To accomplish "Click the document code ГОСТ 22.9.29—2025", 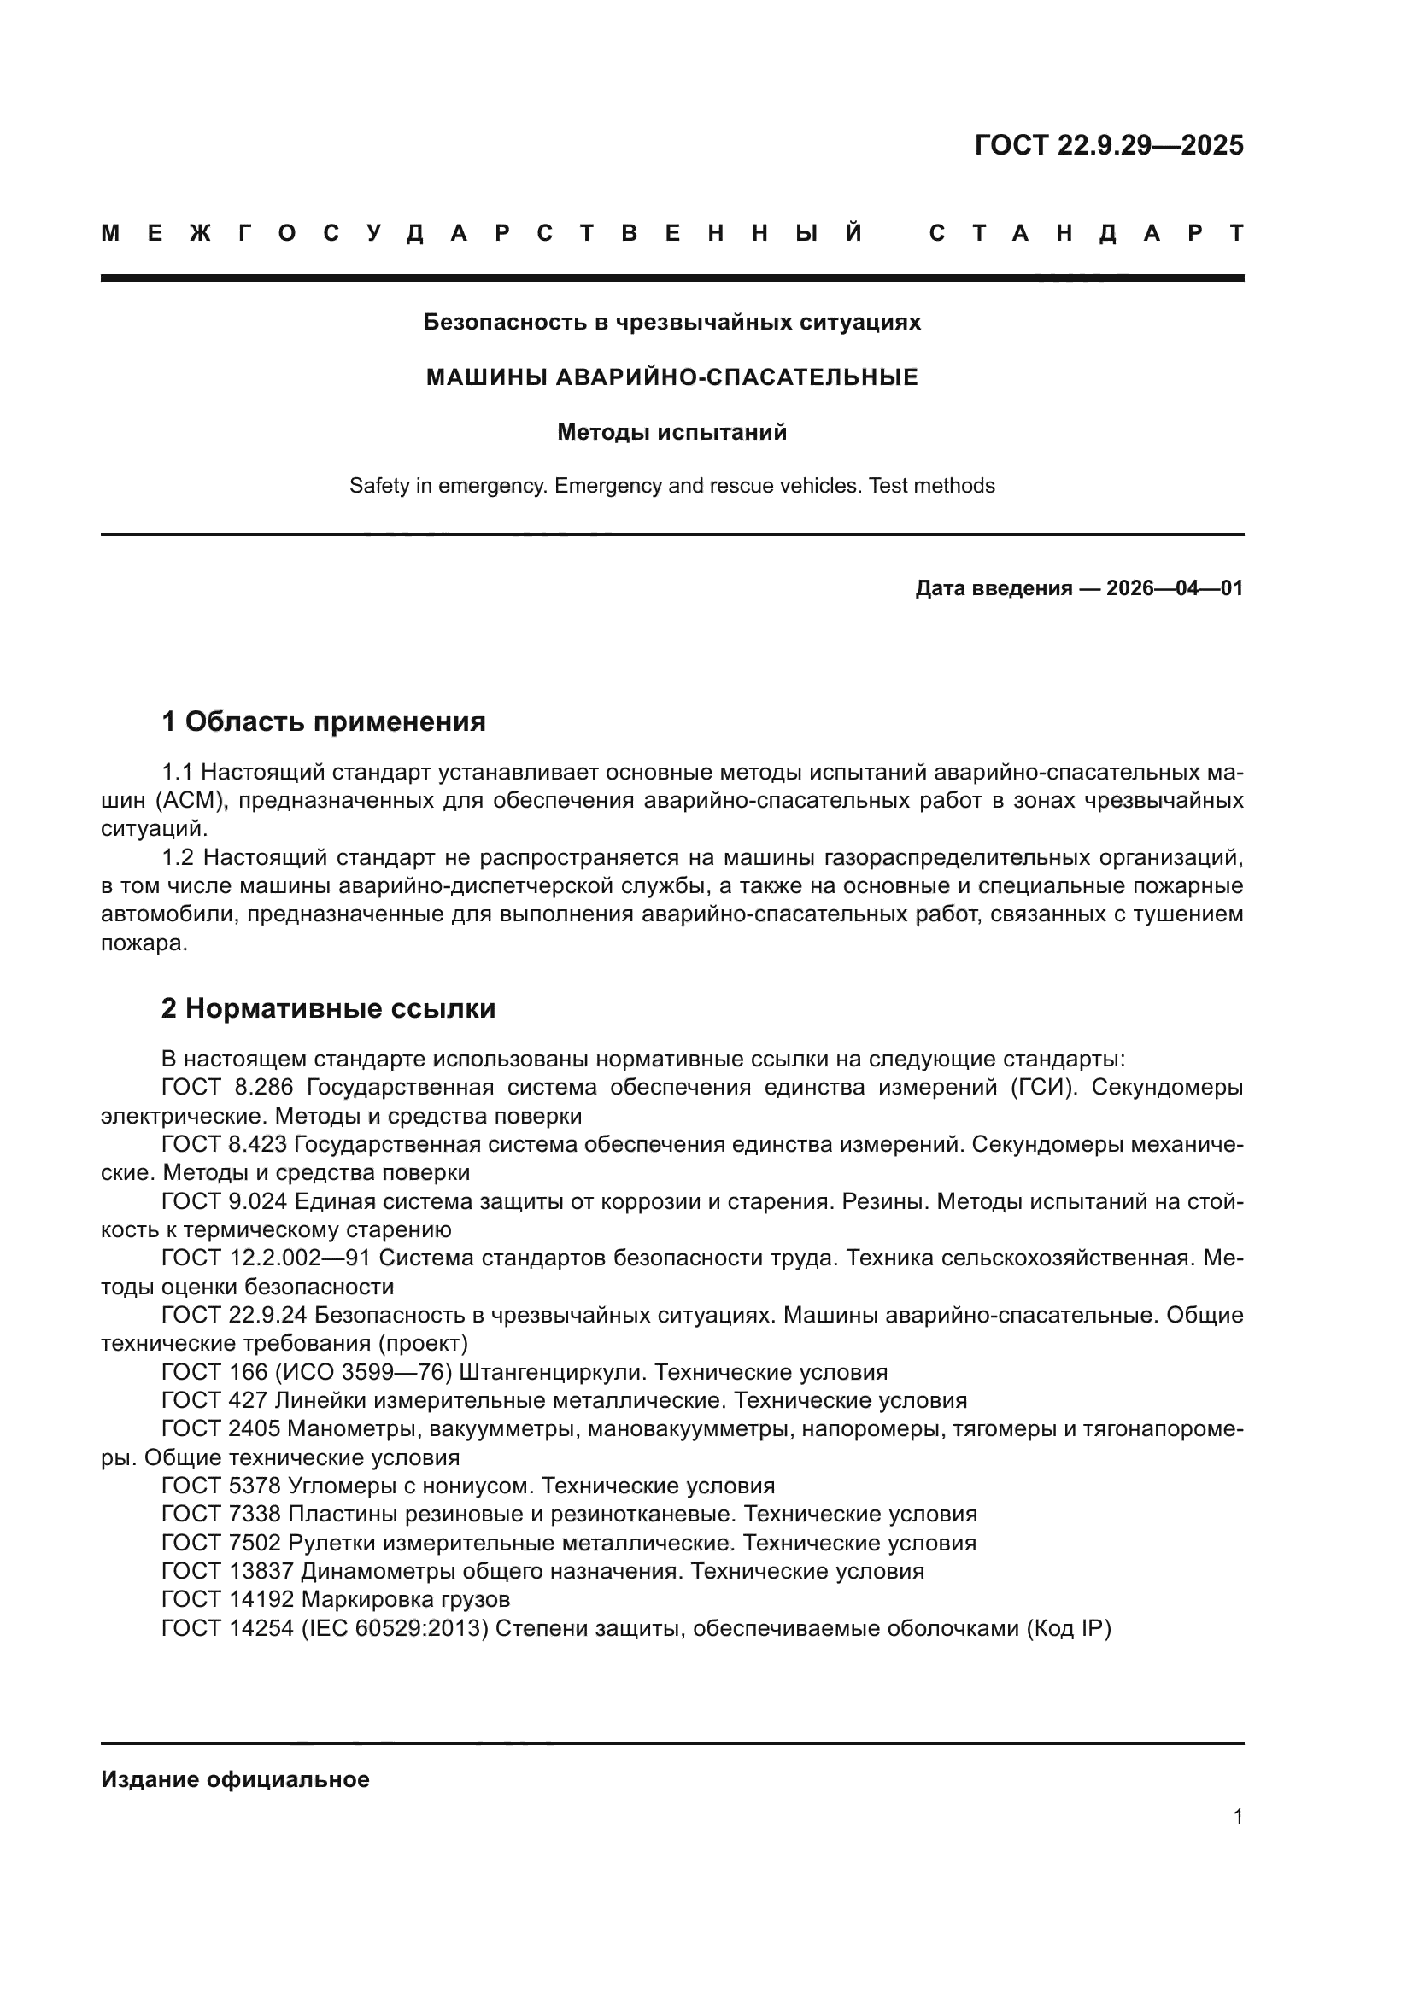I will (1109, 144).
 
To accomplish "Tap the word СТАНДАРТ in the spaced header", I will (1087, 233).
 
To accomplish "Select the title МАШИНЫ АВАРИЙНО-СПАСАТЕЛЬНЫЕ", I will (671, 377).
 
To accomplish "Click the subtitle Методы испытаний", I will (671, 432).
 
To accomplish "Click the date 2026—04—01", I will (1175, 589).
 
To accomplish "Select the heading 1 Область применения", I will (323, 721).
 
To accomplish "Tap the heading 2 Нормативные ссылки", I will (328, 1008).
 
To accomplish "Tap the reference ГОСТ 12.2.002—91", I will (267, 1258).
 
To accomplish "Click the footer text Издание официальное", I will (235, 1779).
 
